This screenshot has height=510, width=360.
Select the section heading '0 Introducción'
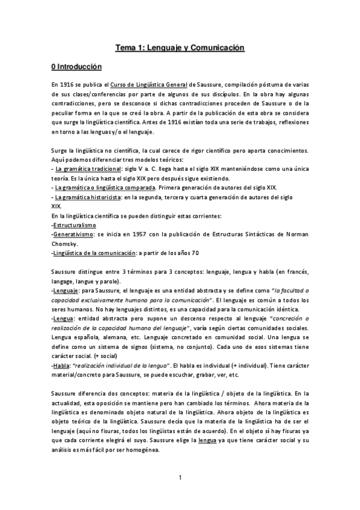pyautogui.click(x=76, y=67)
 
